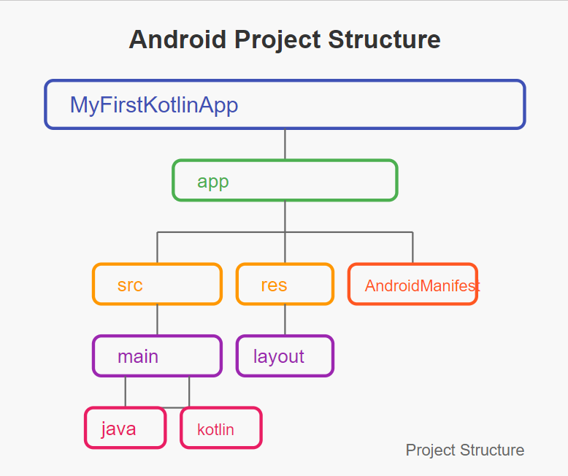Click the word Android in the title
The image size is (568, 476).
(177, 39)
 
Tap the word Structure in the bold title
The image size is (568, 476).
(384, 39)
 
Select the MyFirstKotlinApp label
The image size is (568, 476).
(154, 105)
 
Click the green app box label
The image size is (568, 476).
(213, 182)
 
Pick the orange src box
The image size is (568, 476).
(157, 284)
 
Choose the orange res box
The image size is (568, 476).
(285, 284)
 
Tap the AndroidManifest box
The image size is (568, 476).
(413, 284)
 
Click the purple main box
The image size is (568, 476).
(157, 356)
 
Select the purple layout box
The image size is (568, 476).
(285, 356)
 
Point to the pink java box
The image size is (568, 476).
(126, 428)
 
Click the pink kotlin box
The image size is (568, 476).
(221, 428)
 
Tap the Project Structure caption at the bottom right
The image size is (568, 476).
(465, 450)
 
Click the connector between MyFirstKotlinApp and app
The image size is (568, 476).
(285, 144)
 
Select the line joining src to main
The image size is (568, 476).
(157, 320)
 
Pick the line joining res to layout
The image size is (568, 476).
(285, 320)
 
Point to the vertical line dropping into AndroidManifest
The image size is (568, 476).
(412, 247)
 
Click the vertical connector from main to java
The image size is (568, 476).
(126, 392)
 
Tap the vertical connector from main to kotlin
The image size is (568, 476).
(189, 392)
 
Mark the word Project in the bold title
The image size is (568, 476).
(277, 40)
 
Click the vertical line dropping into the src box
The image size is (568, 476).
(157, 247)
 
